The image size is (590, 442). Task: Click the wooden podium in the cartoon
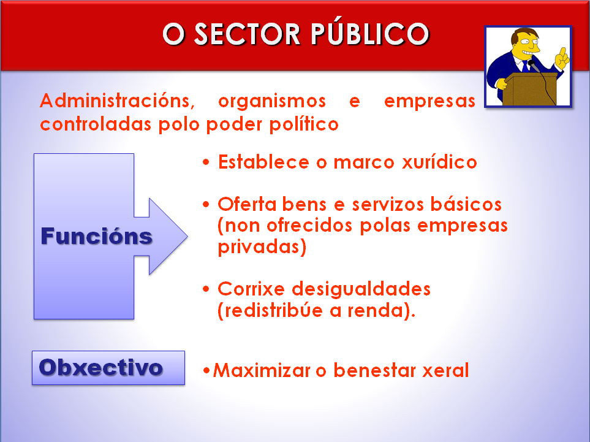tap(532, 89)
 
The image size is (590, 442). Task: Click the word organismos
tap(271, 101)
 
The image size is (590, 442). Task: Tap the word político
tap(304, 124)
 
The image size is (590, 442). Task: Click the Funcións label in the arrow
tap(96, 236)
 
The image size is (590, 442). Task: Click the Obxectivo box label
tap(101, 367)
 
